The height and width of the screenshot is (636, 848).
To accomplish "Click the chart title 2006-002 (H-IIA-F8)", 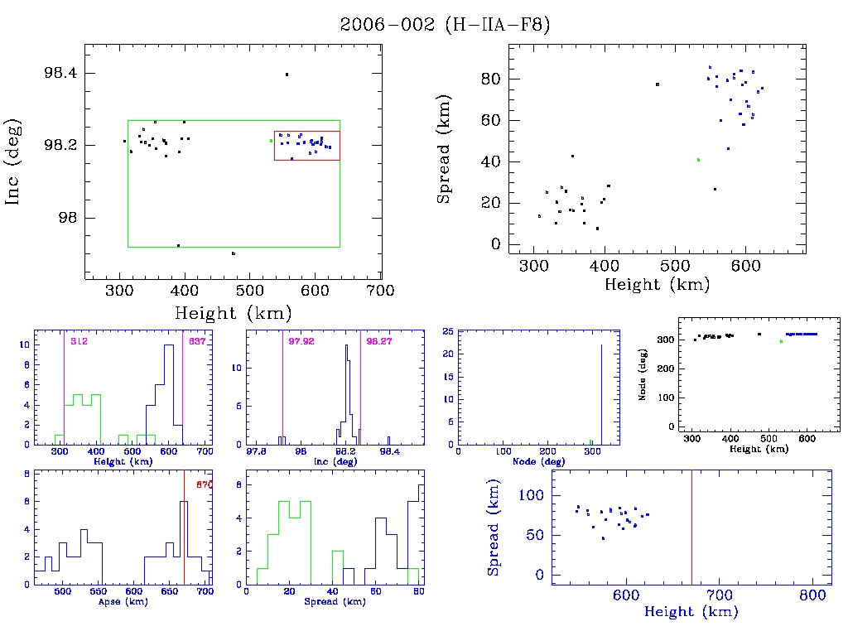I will [x=445, y=25].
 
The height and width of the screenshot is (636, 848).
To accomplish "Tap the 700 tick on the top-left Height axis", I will [x=380, y=291].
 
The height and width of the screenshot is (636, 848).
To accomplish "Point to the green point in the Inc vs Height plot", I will [x=271, y=140].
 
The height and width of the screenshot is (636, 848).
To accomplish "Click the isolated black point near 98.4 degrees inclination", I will [x=287, y=75].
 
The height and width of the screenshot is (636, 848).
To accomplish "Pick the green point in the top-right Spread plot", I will [x=698, y=159].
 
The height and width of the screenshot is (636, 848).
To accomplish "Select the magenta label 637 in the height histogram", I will [x=197, y=341].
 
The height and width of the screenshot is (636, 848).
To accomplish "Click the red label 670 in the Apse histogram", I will [x=205, y=484].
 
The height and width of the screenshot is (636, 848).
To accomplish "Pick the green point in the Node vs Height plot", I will [x=780, y=341].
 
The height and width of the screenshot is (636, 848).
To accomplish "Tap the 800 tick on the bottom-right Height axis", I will [x=812, y=595].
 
